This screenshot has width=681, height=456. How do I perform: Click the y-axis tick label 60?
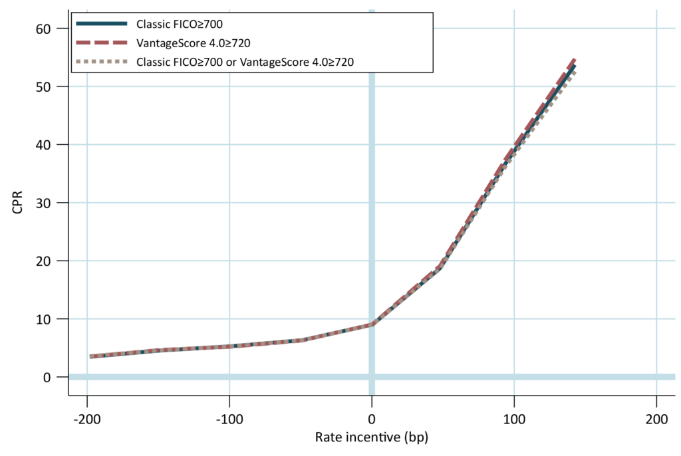(x=43, y=29)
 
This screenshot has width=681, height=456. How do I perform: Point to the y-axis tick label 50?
(x=43, y=87)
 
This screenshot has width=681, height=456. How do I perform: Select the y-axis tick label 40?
(x=43, y=145)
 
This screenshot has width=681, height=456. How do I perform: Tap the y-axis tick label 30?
(x=43, y=203)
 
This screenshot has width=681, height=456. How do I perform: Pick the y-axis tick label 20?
(x=43, y=261)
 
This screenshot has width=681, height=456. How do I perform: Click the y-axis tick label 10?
(x=43, y=319)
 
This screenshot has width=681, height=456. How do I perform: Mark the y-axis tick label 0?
(x=47, y=378)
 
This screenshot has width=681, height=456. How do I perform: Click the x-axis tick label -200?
(x=87, y=419)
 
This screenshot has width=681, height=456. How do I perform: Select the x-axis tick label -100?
(x=229, y=419)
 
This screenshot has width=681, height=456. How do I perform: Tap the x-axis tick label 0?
(x=372, y=419)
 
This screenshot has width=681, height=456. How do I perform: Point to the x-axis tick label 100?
(x=514, y=419)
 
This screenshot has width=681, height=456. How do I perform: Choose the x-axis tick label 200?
(x=656, y=419)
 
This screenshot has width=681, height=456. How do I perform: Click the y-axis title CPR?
(x=17, y=202)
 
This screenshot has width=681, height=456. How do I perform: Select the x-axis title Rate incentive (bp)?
(x=372, y=437)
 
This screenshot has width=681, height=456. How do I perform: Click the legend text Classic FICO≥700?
(x=180, y=24)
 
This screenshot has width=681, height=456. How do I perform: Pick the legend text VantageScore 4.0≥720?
(x=194, y=43)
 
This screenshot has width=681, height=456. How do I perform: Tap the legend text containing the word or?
(x=245, y=62)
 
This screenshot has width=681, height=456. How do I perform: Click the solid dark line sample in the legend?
(x=102, y=23)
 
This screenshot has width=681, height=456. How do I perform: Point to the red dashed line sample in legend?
(x=102, y=43)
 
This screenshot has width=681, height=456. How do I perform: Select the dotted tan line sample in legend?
(x=102, y=62)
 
